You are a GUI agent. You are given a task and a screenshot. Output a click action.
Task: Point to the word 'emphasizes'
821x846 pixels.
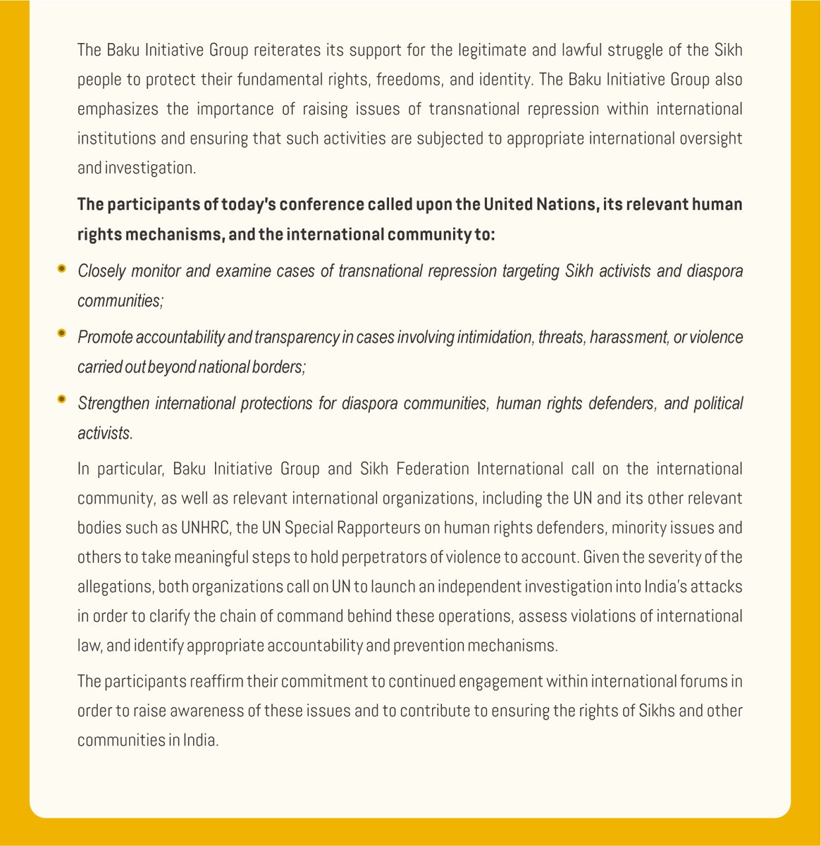pos(113,109)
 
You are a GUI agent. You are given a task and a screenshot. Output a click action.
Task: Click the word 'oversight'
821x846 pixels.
pos(710,138)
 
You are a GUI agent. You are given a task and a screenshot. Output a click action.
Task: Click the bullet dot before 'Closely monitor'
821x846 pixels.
pos(63,269)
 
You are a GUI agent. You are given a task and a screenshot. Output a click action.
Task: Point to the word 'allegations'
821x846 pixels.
pos(113,587)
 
